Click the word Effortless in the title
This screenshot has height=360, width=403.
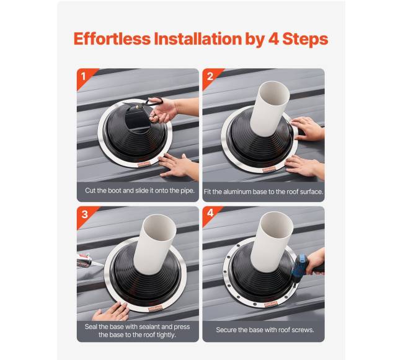tap(112, 39)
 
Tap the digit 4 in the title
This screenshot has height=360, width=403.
tap(273, 39)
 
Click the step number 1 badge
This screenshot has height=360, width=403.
tap(83, 76)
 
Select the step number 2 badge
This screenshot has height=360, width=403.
tap(210, 76)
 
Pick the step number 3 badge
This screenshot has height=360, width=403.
tap(84, 214)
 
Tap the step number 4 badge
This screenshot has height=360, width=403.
tap(210, 213)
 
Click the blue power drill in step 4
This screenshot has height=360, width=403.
tap(301, 267)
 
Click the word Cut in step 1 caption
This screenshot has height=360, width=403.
tap(91, 190)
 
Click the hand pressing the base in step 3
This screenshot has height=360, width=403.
tap(111, 312)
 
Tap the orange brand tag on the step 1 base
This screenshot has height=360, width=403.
tap(143, 165)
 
